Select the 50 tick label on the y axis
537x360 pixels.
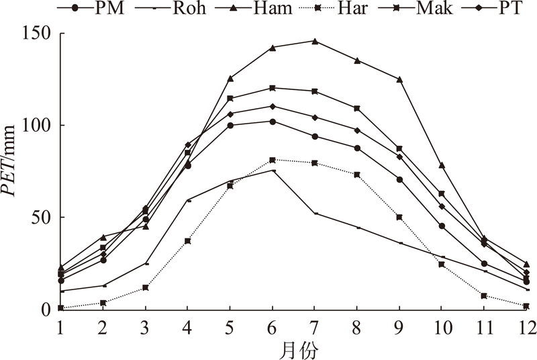pos(42,218)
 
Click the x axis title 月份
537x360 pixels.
pos(293,349)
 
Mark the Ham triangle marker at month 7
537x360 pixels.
pos(315,41)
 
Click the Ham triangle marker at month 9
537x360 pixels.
pos(399,79)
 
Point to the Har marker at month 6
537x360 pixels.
pos(273,160)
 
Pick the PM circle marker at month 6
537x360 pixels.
pos(273,122)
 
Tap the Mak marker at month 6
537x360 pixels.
pos(273,88)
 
